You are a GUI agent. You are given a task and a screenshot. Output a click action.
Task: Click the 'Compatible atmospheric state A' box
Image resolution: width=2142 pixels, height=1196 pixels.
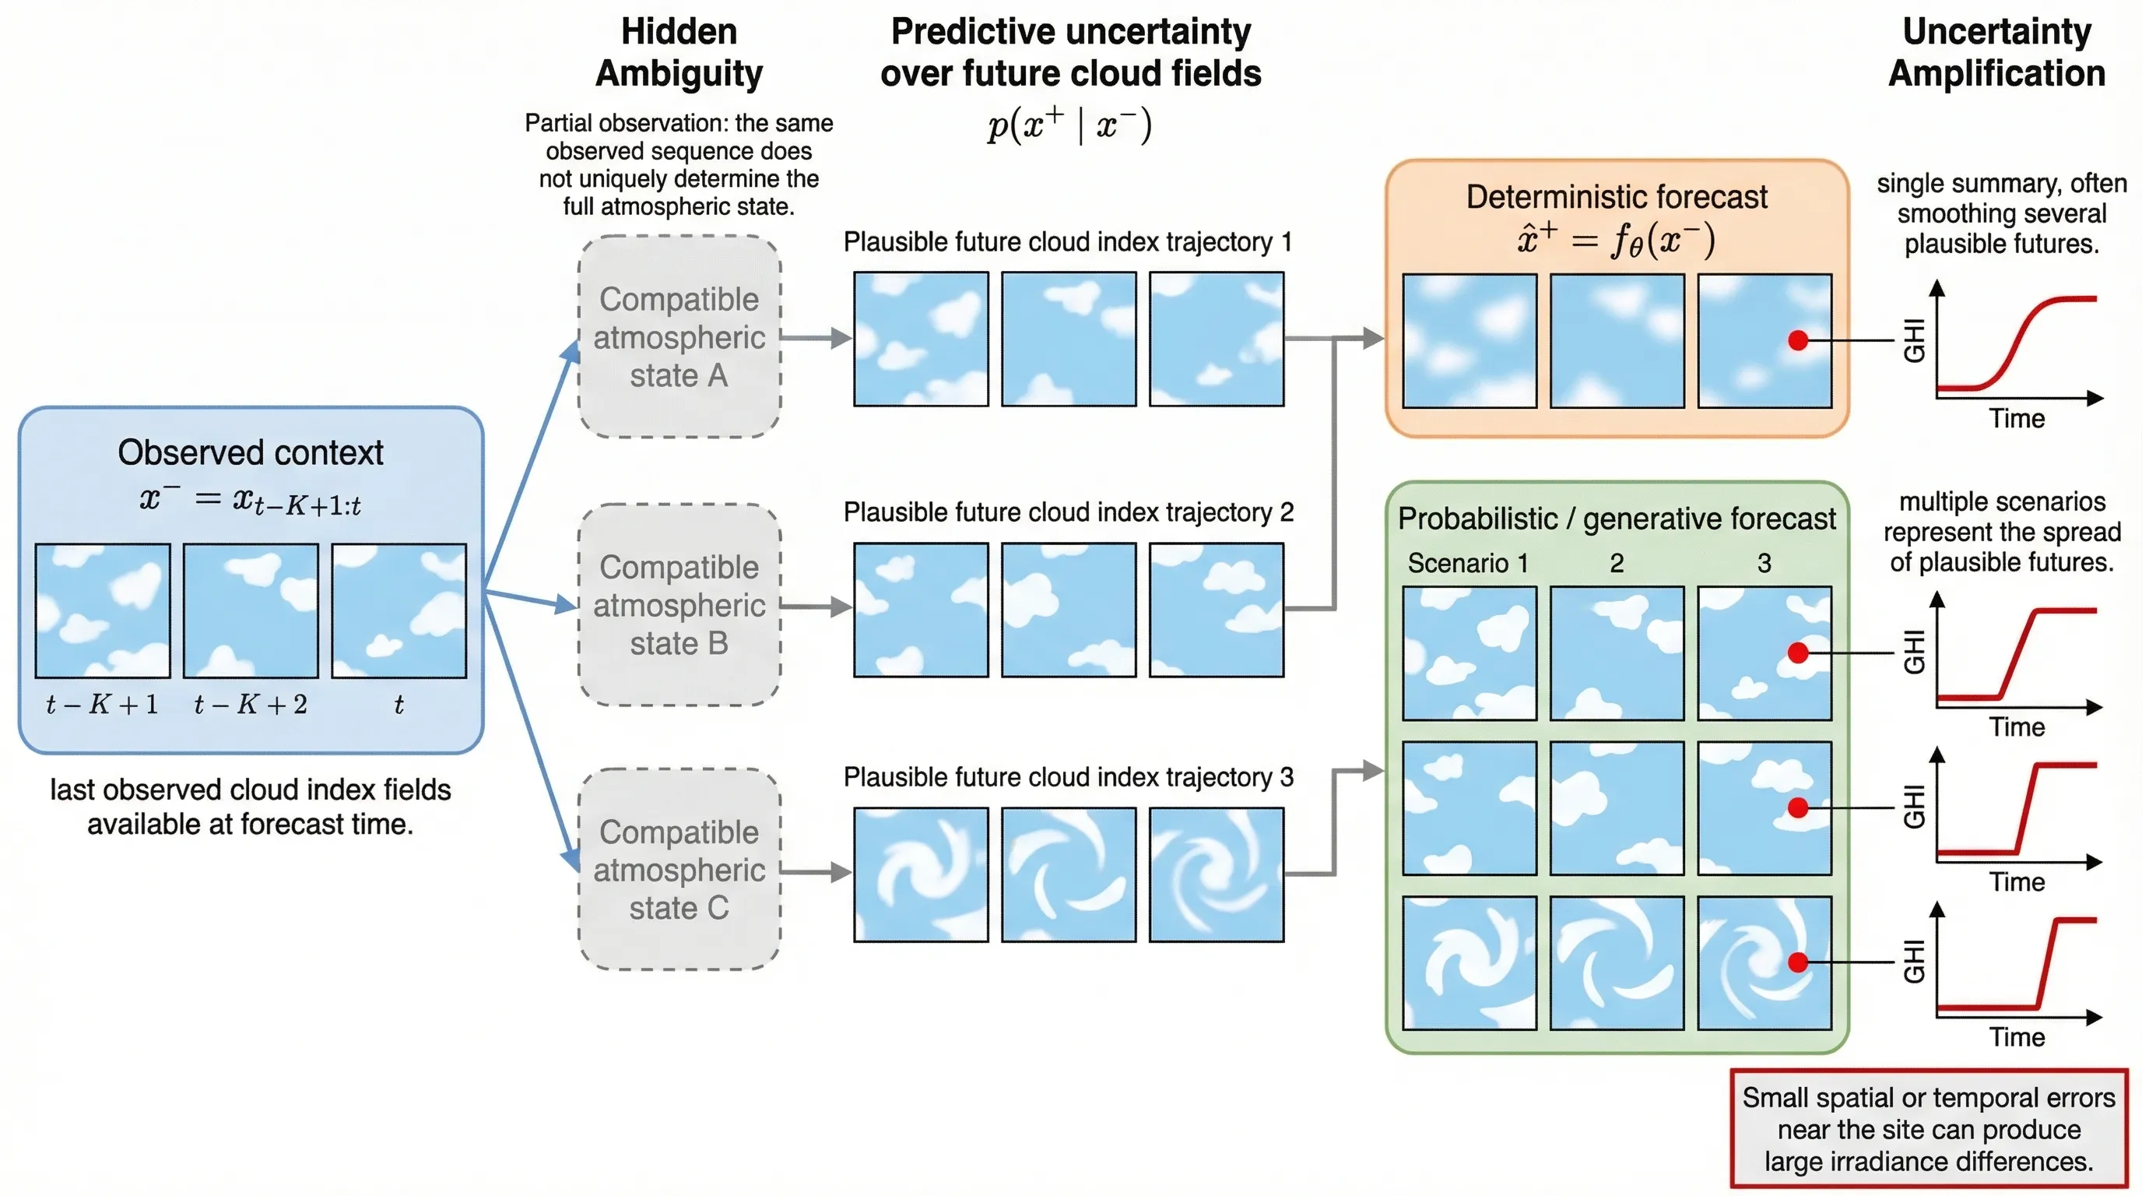point(679,337)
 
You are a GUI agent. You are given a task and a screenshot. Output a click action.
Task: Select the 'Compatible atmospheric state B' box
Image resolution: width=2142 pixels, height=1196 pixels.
point(679,605)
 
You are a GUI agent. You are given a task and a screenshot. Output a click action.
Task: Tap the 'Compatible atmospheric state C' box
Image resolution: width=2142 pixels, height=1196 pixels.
point(679,869)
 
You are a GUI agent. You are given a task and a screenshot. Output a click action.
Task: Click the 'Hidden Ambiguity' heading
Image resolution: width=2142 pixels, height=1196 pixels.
point(679,52)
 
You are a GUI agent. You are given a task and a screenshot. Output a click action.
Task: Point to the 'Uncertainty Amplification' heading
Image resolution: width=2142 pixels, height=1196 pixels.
point(1996,52)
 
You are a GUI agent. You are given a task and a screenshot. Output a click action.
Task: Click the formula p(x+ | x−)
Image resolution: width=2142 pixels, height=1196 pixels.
point(1069,125)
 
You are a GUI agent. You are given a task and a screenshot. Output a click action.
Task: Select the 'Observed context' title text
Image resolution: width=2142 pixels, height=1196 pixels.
point(251,452)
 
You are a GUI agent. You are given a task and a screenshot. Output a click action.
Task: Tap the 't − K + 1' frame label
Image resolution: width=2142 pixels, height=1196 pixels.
point(102,705)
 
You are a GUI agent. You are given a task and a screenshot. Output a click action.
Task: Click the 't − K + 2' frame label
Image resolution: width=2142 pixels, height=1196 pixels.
point(251,705)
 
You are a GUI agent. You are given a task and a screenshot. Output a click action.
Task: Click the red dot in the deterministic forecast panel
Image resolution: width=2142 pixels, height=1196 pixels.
point(1798,340)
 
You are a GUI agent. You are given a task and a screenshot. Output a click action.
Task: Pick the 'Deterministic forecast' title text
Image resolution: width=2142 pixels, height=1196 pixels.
point(1617,197)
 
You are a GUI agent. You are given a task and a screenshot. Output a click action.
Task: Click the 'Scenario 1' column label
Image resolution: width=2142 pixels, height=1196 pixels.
point(1468,563)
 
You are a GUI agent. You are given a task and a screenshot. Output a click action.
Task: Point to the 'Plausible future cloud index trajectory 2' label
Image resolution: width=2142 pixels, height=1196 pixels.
point(1069,512)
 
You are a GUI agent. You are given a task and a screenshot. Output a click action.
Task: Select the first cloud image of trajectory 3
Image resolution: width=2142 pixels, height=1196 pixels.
point(922,874)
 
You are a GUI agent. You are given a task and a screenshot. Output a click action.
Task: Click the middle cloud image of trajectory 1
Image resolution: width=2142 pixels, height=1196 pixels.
point(1069,339)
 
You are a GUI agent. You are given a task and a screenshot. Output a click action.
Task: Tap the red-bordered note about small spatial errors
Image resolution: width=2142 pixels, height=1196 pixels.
point(1928,1128)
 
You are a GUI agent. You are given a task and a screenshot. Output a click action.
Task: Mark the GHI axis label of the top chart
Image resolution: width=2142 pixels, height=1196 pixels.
point(1914,340)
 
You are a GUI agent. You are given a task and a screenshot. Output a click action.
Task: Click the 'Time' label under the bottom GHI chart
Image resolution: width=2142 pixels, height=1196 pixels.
point(2017,1037)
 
